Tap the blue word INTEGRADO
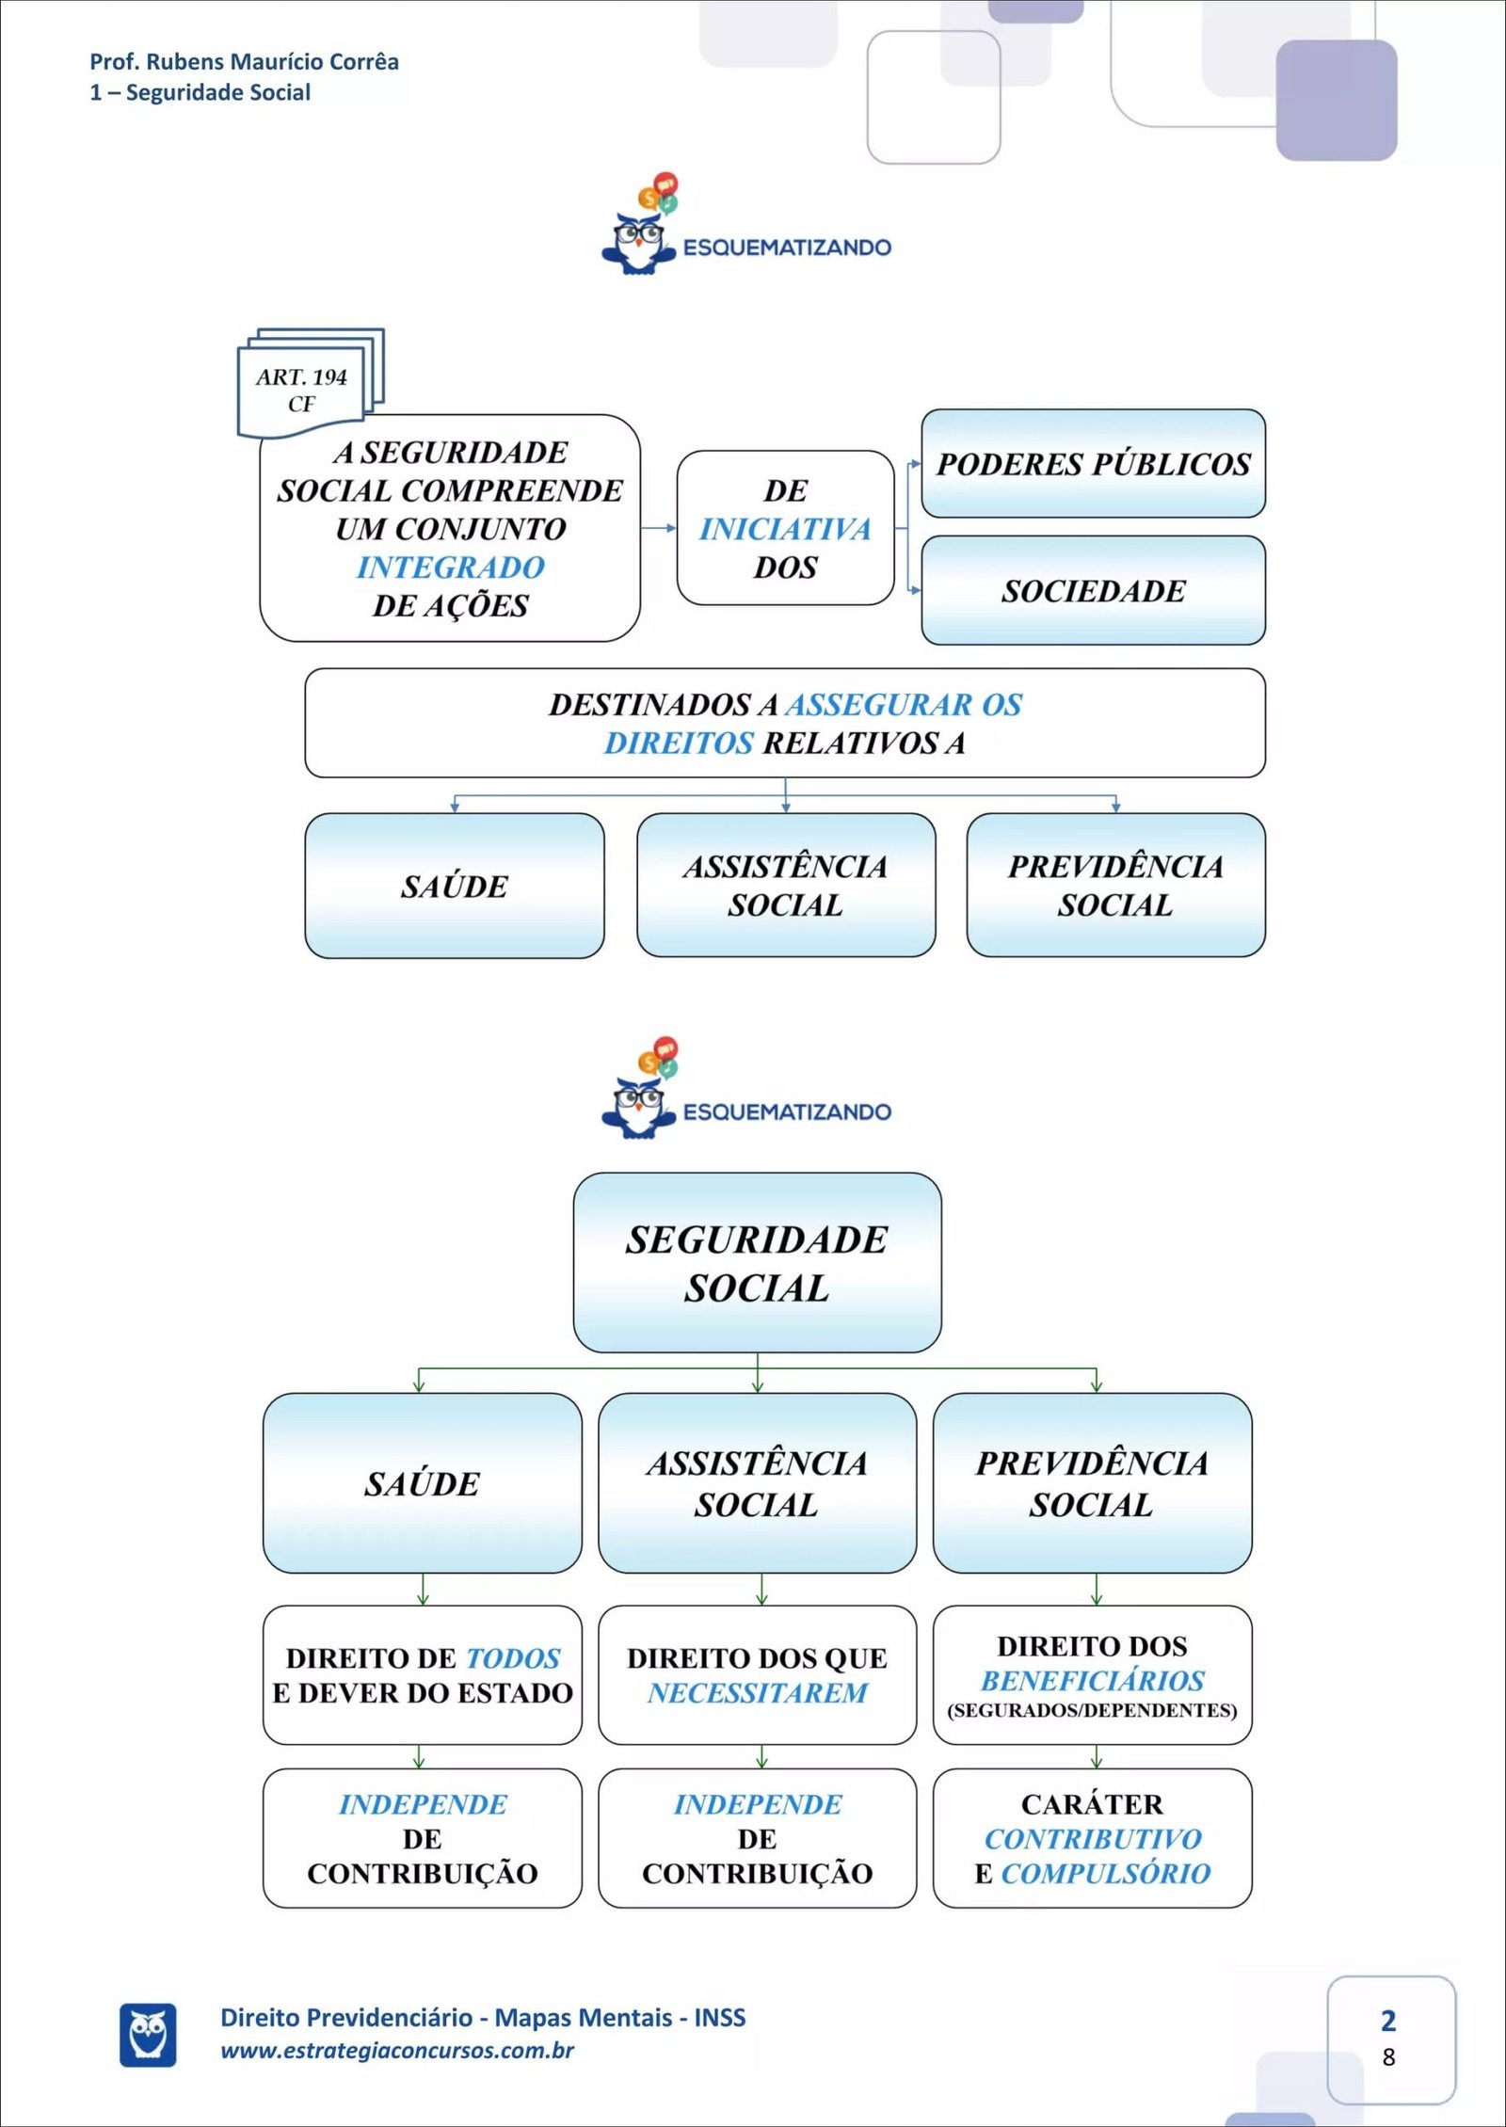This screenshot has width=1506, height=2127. pyautogui.click(x=450, y=568)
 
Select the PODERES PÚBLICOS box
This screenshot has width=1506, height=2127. pyautogui.click(x=1093, y=464)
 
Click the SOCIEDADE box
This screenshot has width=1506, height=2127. pyautogui.click(x=1093, y=591)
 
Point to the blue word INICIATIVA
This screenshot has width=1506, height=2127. pyautogui.click(x=785, y=529)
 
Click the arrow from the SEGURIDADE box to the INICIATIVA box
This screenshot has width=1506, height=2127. pyautogui.click(x=658, y=528)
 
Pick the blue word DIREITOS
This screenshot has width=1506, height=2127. pyautogui.click(x=679, y=744)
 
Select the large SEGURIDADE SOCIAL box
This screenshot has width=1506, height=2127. pyautogui.click(x=757, y=1263)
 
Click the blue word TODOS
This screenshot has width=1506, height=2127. pyautogui.click(x=513, y=1658)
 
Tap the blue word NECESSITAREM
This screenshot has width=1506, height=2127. pyautogui.click(x=757, y=1693)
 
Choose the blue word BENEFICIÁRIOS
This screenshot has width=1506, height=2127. pyautogui.click(x=1092, y=1681)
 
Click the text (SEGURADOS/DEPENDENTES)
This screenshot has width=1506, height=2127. pyautogui.click(x=1092, y=1710)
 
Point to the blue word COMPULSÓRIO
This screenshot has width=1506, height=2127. pyautogui.click(x=1105, y=1874)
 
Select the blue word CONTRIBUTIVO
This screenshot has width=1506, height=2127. pyautogui.click(x=1092, y=1839)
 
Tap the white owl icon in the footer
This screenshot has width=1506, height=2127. pyautogui.click(x=148, y=2035)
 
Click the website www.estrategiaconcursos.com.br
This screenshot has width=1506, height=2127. pyautogui.click(x=396, y=2051)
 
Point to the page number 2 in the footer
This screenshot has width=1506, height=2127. pyautogui.click(x=1387, y=2021)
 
